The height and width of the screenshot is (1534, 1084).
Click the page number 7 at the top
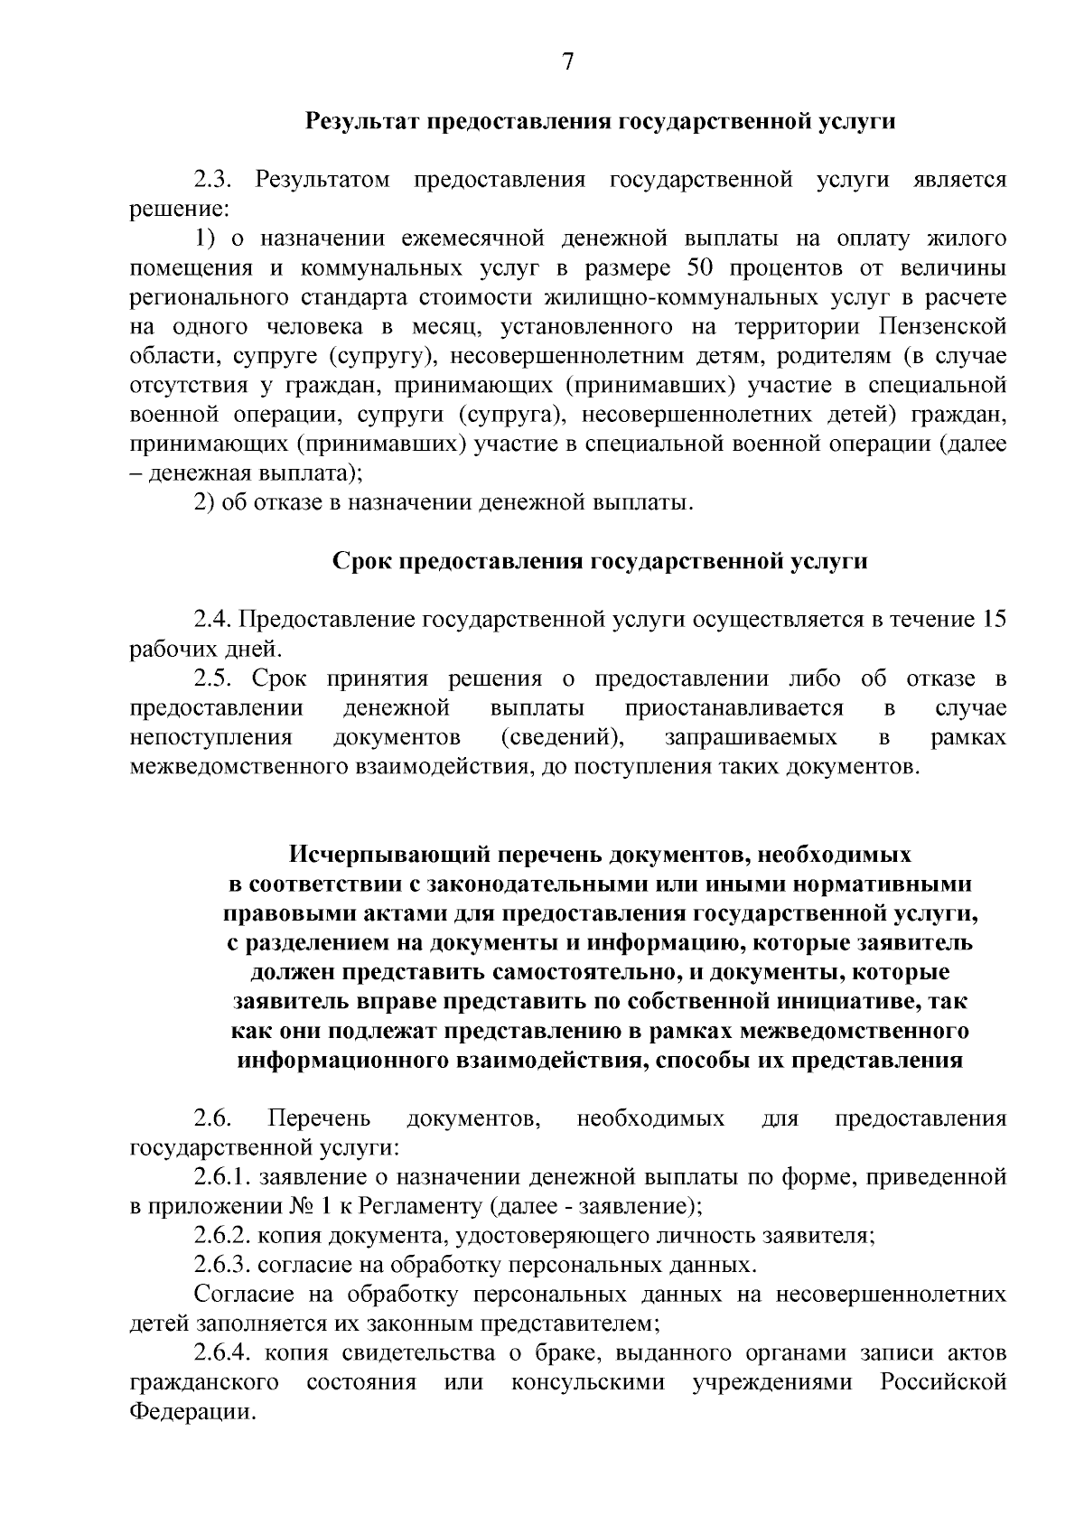(567, 61)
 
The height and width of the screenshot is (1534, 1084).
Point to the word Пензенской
(941, 326)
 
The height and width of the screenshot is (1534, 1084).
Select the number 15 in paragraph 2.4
(994, 620)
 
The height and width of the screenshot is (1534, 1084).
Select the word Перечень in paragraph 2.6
(320, 1119)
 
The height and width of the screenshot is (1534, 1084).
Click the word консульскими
(587, 1382)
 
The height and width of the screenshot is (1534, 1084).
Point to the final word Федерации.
(189, 1411)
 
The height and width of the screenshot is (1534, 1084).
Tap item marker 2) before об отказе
(204, 502)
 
